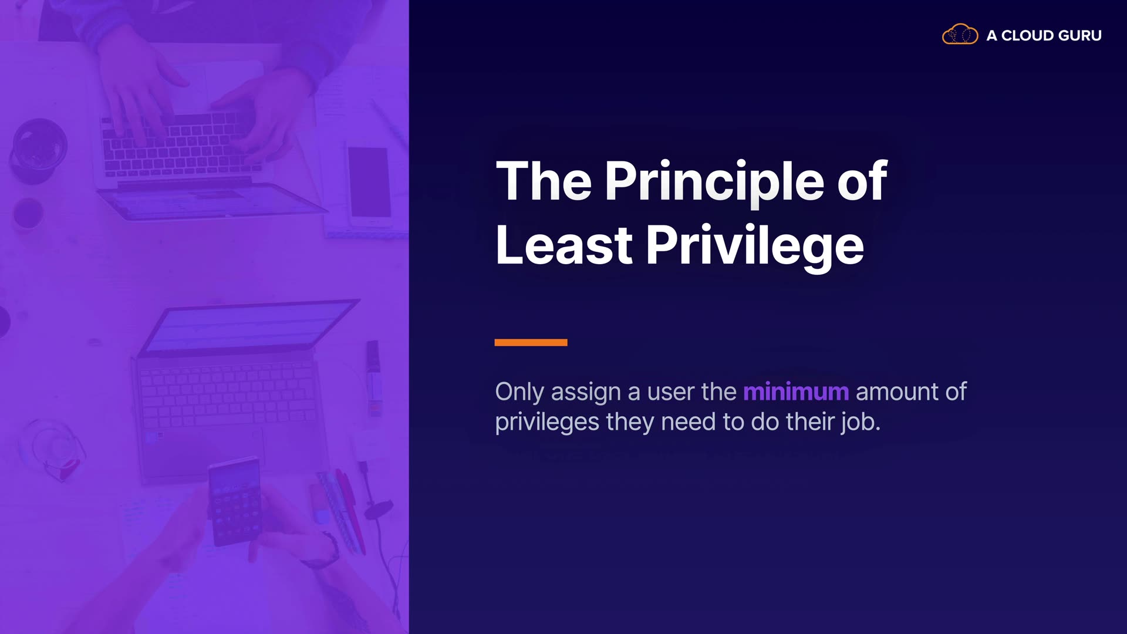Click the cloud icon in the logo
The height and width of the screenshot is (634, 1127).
click(960, 35)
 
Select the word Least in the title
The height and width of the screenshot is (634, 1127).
click(563, 245)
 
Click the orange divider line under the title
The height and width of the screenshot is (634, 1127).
click(531, 342)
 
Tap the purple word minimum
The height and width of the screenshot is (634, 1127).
click(796, 392)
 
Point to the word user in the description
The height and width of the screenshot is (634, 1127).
click(671, 393)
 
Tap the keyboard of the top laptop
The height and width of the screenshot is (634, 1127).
click(179, 144)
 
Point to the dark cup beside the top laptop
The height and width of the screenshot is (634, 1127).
click(38, 150)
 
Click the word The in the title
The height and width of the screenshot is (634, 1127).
click(544, 181)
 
